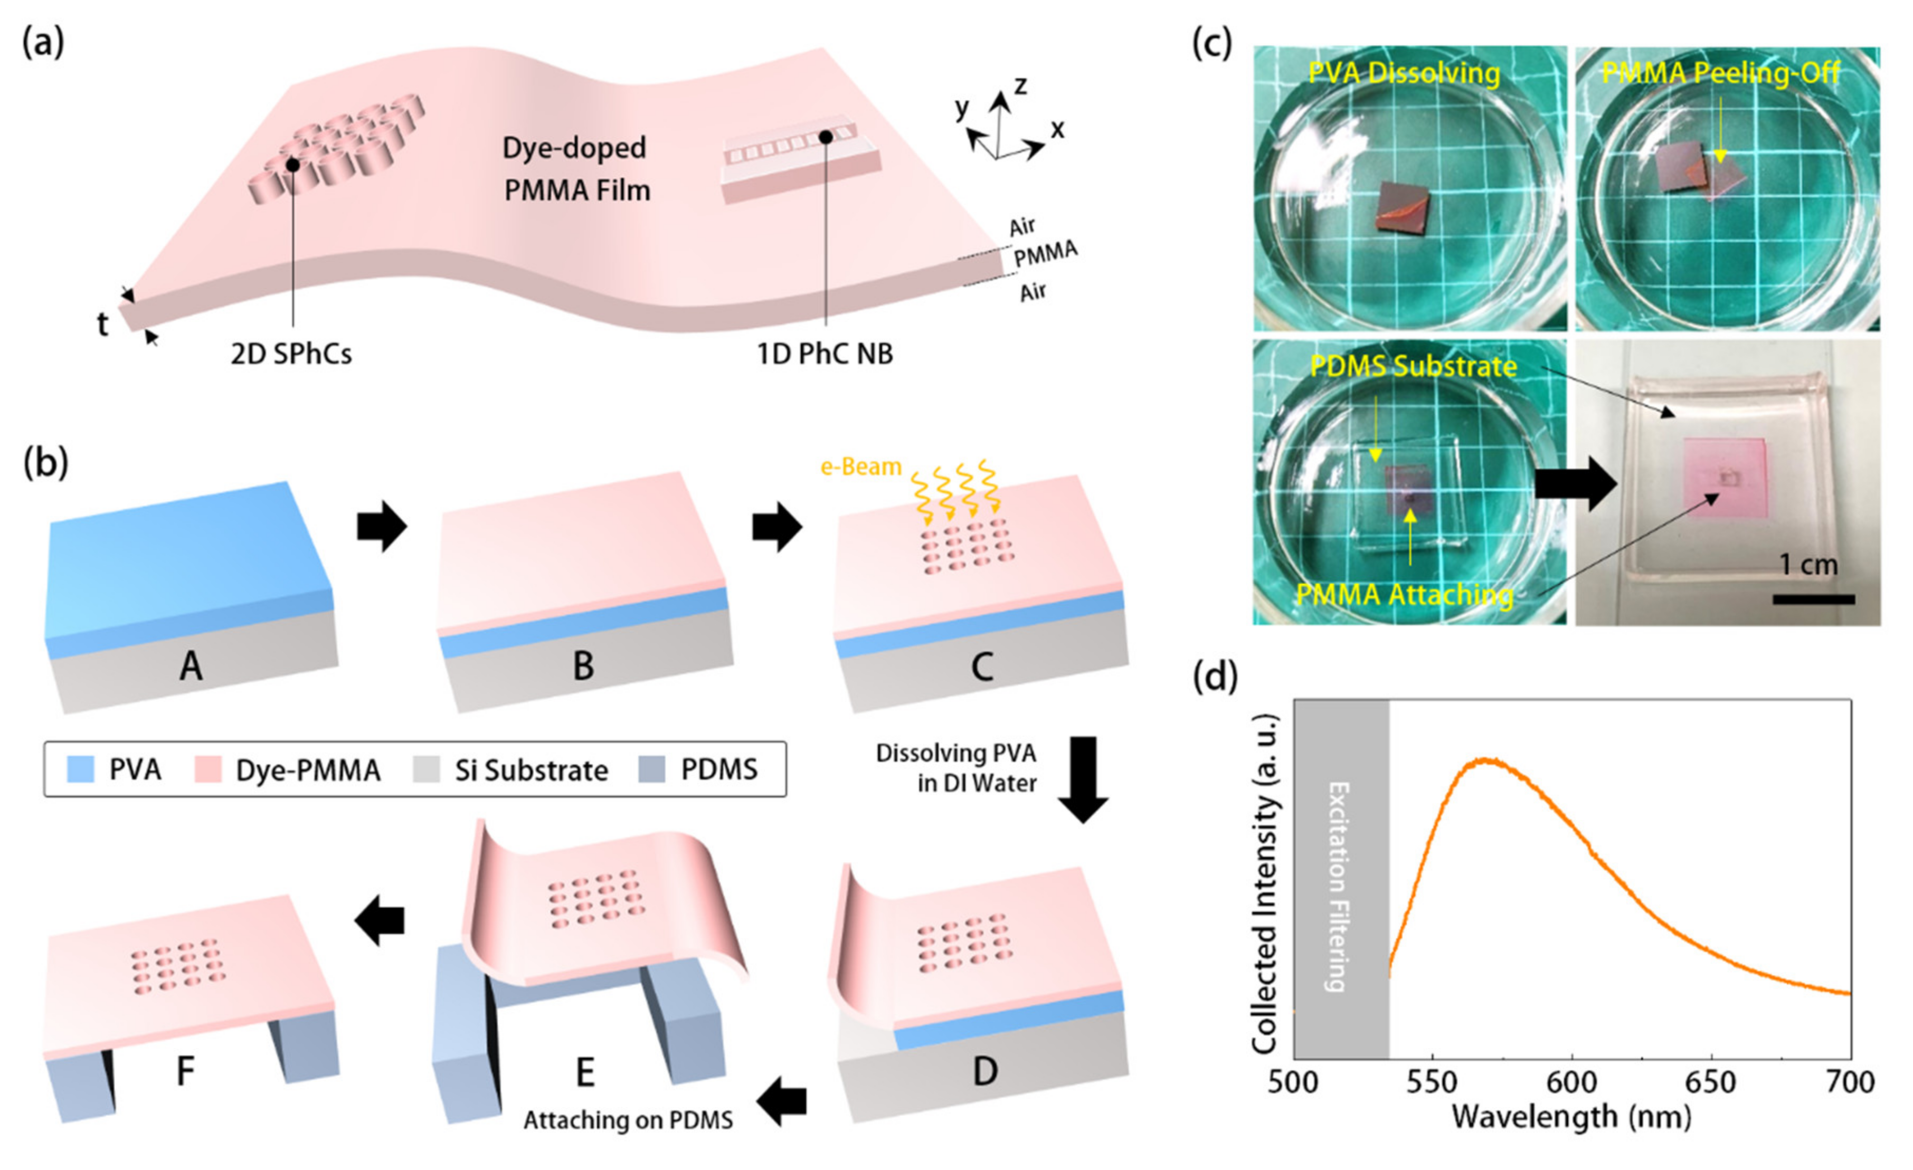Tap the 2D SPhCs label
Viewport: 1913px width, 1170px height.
[291, 354]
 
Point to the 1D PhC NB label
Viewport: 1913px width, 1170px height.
[825, 354]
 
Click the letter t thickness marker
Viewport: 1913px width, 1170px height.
[102, 325]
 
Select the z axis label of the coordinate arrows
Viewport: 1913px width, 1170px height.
[1020, 85]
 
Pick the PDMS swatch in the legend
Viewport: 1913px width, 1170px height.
[651, 769]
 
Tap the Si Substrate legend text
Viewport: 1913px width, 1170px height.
[531, 770]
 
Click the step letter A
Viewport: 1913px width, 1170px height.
[191, 666]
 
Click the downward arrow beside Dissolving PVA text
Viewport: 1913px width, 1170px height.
[1083, 779]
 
